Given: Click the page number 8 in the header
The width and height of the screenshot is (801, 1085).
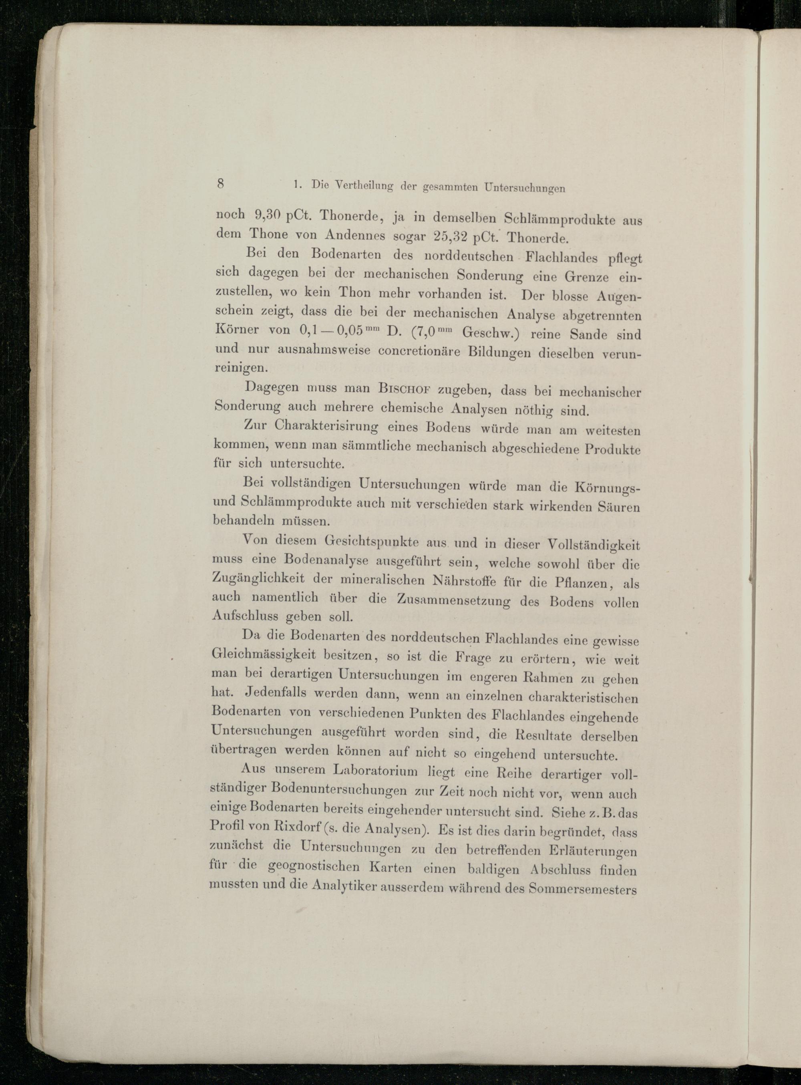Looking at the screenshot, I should (221, 183).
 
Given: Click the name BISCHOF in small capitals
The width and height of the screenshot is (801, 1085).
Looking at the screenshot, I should (405, 389).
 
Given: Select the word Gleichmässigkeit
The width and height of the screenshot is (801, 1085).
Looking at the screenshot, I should (264, 654).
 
